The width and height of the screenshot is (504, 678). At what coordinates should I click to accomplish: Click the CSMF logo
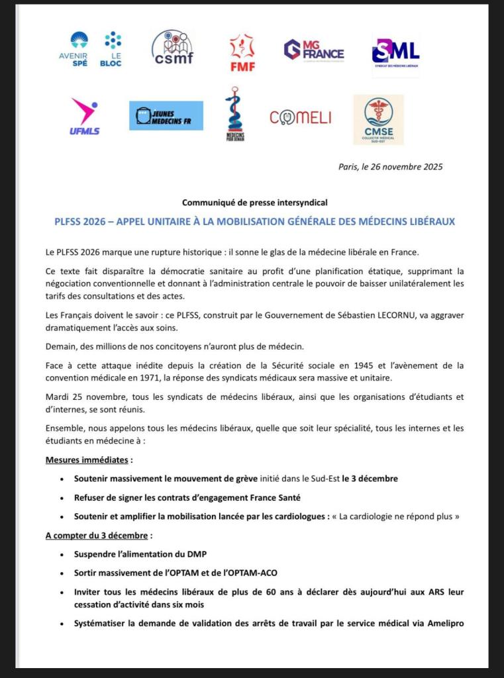[x=172, y=48]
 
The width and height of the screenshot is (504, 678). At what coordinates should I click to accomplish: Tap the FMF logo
[x=242, y=52]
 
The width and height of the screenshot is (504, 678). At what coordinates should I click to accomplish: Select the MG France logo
[x=314, y=50]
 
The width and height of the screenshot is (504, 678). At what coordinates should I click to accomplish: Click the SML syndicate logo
[x=395, y=51]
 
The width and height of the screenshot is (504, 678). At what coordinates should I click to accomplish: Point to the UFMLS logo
[x=84, y=117]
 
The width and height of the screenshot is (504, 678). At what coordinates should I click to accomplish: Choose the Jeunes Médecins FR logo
[x=166, y=115]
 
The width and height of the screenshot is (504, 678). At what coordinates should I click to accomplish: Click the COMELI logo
[x=300, y=118]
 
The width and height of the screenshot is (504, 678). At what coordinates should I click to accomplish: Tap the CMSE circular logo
[x=378, y=119]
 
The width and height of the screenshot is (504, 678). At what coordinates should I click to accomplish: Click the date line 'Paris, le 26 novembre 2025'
[x=390, y=167]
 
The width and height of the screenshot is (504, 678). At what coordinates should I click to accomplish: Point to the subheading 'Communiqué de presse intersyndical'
[x=255, y=203]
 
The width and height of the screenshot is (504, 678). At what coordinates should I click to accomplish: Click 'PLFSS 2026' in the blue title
[x=80, y=221]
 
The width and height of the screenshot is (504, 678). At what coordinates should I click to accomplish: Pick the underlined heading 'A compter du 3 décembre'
[x=97, y=534]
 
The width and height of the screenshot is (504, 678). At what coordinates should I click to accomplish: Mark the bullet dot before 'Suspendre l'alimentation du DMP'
[x=62, y=554]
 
